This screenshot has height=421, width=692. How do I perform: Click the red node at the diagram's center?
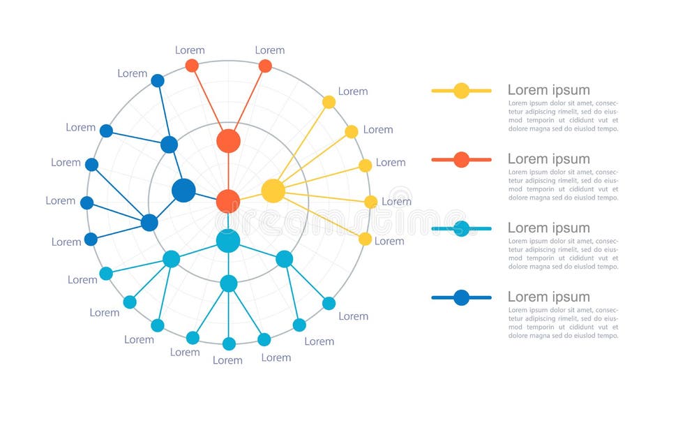[x=228, y=201]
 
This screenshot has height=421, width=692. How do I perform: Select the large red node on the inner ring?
[x=228, y=141]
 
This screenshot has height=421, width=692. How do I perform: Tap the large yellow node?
[x=273, y=191]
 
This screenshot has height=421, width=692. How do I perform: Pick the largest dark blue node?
[x=183, y=190]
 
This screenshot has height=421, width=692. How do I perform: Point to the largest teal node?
[x=228, y=241]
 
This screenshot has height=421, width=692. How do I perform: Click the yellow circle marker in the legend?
[x=461, y=91]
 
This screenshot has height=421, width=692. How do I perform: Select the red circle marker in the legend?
[x=461, y=160]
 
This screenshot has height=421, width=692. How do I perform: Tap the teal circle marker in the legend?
[x=461, y=228]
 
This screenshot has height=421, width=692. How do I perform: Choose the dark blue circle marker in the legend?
[x=461, y=297]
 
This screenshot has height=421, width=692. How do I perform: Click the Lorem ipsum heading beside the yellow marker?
[x=548, y=90]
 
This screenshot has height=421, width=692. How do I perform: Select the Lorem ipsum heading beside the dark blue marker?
[x=548, y=297]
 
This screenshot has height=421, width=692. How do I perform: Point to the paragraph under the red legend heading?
[x=563, y=185]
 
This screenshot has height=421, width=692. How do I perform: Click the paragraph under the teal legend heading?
[x=563, y=253]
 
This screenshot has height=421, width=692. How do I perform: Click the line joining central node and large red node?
[x=228, y=171]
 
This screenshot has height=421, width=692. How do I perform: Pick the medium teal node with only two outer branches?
[x=285, y=259]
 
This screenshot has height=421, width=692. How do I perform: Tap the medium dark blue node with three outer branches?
[x=149, y=223]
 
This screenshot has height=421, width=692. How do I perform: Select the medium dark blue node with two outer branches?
[x=170, y=145]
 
